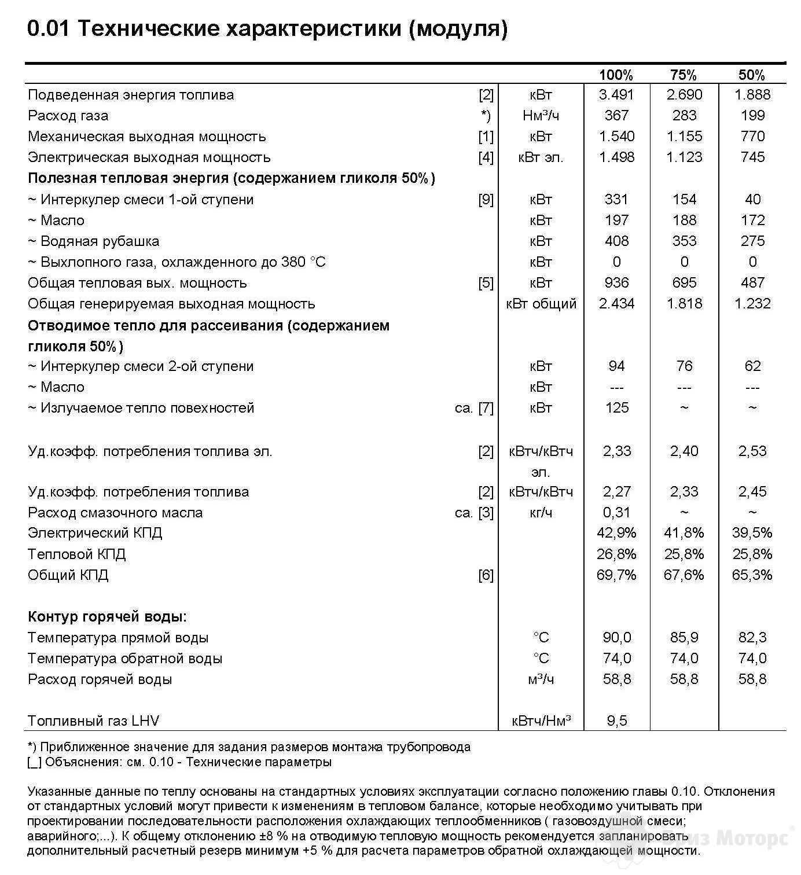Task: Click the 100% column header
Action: click(x=616, y=75)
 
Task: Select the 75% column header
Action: click(x=684, y=75)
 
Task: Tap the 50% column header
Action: click(x=752, y=75)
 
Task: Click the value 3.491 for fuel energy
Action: click(x=616, y=95)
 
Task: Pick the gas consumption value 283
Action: click(x=684, y=116)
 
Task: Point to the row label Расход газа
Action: click(x=68, y=116)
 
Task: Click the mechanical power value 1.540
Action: click(x=616, y=137)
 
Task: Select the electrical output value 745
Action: click(x=752, y=157)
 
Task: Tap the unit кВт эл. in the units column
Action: click(x=541, y=157)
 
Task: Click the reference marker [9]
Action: click(x=486, y=200)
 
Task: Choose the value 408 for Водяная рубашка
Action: click(x=616, y=241)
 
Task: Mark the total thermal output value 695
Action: click(x=684, y=283)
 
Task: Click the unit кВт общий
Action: click(x=541, y=304)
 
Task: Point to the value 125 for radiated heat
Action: click(x=616, y=408)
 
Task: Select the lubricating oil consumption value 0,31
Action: click(x=616, y=513)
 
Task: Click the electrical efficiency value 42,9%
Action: click(x=616, y=533)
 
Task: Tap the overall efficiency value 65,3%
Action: click(x=752, y=575)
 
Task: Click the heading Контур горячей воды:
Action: click(x=107, y=617)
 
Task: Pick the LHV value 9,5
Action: click(x=616, y=721)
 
